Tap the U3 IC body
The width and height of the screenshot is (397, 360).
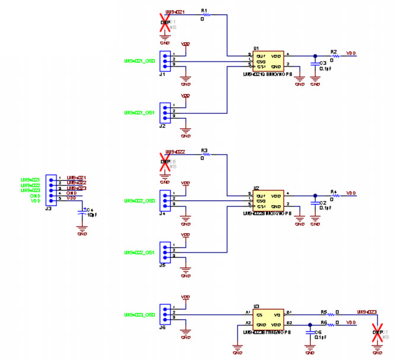click(269, 319)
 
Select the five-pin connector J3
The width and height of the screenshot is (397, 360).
click(51, 189)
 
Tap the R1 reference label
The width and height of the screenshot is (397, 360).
click(204, 11)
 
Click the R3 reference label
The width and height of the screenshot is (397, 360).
click(204, 151)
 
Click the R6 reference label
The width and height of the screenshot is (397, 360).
click(324, 321)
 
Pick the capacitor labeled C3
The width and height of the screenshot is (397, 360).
click(315, 63)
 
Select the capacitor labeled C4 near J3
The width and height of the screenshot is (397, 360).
click(82, 212)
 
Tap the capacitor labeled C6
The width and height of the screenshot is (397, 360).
click(310, 332)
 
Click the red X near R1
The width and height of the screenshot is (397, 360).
click(164, 21)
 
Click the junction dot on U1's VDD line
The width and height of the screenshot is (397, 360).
click(315, 56)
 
